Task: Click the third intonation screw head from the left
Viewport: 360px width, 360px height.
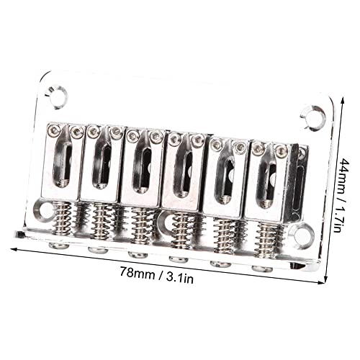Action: (137, 255)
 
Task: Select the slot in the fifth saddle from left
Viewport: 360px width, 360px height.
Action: (228, 176)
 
